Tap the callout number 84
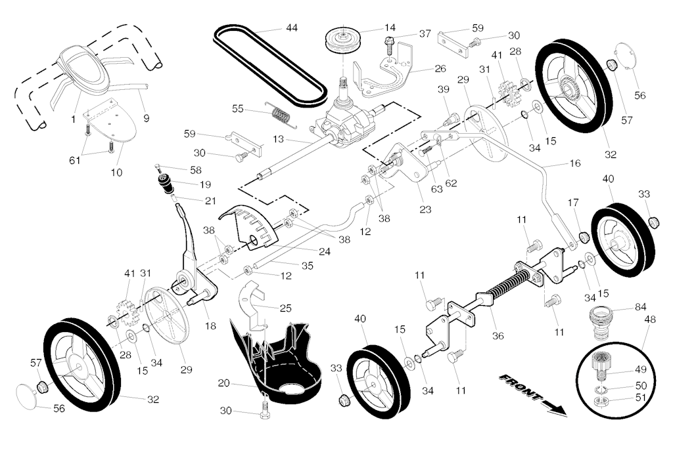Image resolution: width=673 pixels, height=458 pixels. [x=641, y=306]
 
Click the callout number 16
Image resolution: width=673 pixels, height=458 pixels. [x=576, y=163]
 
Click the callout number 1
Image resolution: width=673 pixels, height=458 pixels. [x=73, y=119]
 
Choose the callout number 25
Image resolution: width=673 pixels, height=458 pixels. [x=285, y=307]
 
